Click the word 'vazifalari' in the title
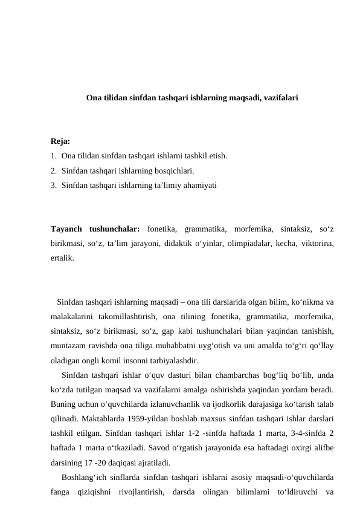278,97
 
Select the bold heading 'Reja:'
60,142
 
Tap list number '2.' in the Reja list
54,171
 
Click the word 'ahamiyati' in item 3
201,186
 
